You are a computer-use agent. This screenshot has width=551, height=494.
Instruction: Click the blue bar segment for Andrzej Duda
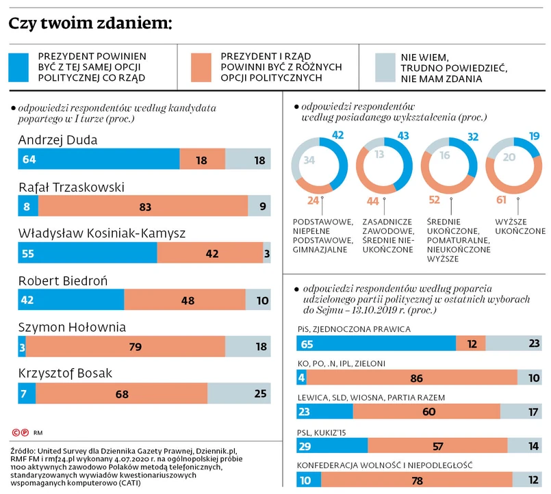tap(99, 159)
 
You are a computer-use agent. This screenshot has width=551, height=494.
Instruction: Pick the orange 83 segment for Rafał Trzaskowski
tap(143, 205)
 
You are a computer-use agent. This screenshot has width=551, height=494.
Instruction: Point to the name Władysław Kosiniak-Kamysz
tap(103, 233)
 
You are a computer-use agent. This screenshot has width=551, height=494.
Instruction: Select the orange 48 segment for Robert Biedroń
tap(185, 300)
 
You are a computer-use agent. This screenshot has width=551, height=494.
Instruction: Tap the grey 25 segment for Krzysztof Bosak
tap(239, 393)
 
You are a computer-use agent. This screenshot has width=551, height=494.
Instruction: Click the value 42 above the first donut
tap(337, 135)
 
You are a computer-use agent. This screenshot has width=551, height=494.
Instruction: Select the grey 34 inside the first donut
tap(309, 161)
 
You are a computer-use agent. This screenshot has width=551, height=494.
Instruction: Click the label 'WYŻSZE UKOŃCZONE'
tap(520, 226)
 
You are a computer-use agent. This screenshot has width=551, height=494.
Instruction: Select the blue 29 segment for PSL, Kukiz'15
tap(332, 445)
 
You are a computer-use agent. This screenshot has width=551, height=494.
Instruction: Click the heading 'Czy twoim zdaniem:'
tap(90, 25)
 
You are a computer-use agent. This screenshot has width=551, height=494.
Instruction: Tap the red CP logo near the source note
tap(21, 432)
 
